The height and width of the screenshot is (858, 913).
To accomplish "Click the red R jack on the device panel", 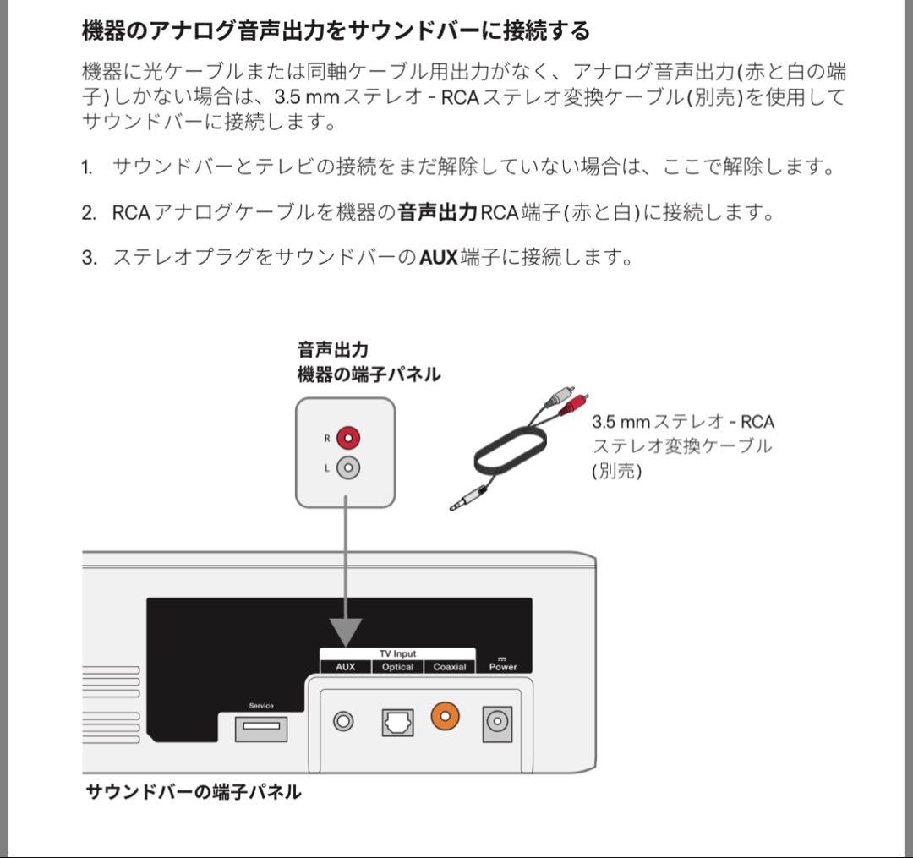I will coord(347,438).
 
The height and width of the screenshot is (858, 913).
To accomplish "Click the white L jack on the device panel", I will coord(347,467).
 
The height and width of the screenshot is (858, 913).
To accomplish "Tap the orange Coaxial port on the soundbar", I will coord(445,716).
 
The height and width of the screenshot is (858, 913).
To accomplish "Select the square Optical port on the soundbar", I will coord(396,721).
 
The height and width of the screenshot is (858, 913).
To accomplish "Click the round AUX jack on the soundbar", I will coord(343,721).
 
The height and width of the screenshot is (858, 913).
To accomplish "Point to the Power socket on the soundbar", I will coord(497,723).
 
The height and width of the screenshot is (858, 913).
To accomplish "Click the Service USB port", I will coord(260,728).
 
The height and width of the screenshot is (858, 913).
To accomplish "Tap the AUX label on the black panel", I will coord(346,667).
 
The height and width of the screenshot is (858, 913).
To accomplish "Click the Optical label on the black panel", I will coord(397,667).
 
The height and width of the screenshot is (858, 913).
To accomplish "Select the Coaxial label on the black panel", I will coord(449,667).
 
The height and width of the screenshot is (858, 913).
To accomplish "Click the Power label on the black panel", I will coord(503,667).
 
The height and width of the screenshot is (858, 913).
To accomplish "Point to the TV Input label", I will coord(397,654).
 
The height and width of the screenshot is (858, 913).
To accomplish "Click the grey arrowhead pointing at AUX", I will coord(346,632).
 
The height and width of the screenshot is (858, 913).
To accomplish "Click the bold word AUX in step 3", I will coord(438,257).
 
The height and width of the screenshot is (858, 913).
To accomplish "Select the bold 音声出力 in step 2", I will coord(438,212).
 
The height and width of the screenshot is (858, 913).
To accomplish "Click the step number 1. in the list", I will coord(87,167).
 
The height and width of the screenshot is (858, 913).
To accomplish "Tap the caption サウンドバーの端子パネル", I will coord(194,792).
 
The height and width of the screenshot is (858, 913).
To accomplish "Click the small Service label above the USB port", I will coord(261,706).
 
